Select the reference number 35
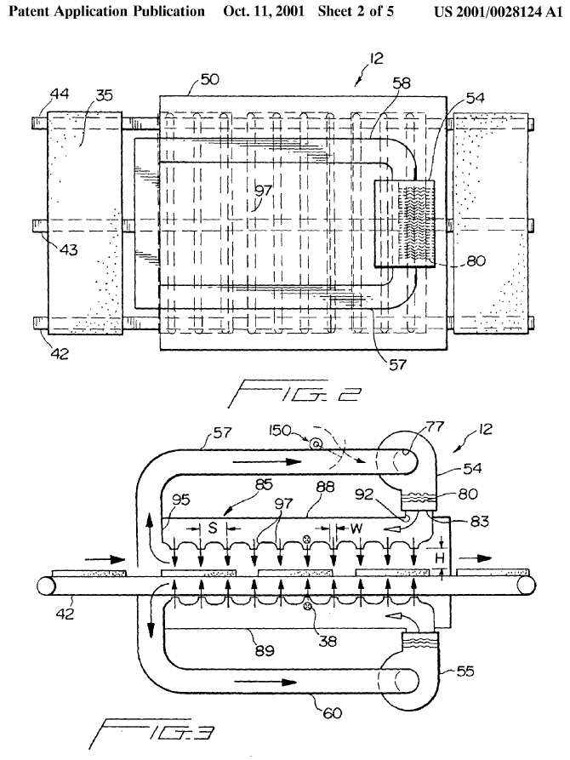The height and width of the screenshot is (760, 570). point(104,96)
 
